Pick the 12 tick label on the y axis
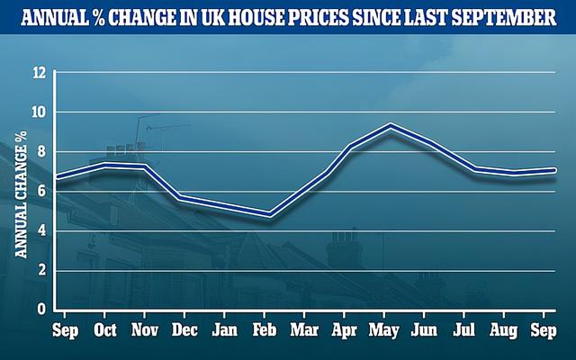click(38, 73)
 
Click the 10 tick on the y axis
click(38, 112)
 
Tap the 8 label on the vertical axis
click(41, 152)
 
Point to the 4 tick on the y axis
click(41, 231)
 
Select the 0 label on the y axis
click(41, 310)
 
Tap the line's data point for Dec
click(184, 197)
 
